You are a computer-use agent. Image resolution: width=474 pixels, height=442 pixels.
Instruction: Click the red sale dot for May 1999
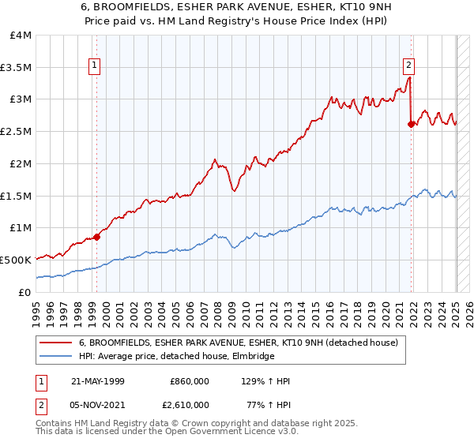coord(97,236)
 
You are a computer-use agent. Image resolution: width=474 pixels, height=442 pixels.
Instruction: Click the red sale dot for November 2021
coord(411,123)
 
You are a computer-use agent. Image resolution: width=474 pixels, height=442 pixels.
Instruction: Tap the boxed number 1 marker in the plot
coord(94,66)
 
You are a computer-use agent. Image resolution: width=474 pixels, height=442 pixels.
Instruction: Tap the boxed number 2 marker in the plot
coord(409,66)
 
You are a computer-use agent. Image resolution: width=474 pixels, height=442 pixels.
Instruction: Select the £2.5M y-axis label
coord(16,132)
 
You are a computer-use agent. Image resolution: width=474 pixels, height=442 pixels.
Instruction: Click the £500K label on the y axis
coord(16,260)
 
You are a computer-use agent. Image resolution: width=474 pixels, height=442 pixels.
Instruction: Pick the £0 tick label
coord(25,292)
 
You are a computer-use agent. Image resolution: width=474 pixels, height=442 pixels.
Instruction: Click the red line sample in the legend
coord(57,343)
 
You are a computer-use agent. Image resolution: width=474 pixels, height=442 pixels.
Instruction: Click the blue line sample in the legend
coord(57,357)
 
